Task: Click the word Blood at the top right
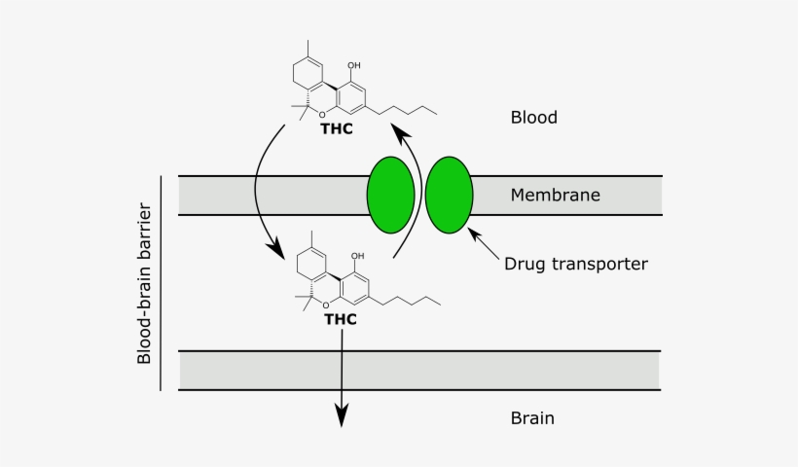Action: click(533, 118)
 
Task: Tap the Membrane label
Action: click(555, 196)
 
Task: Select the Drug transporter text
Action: click(576, 264)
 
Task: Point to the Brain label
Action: click(532, 418)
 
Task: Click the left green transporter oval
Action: click(390, 195)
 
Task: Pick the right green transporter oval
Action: click(449, 195)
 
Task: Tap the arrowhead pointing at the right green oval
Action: click(475, 233)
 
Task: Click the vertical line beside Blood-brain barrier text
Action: click(161, 283)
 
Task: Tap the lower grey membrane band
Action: click(418, 371)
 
